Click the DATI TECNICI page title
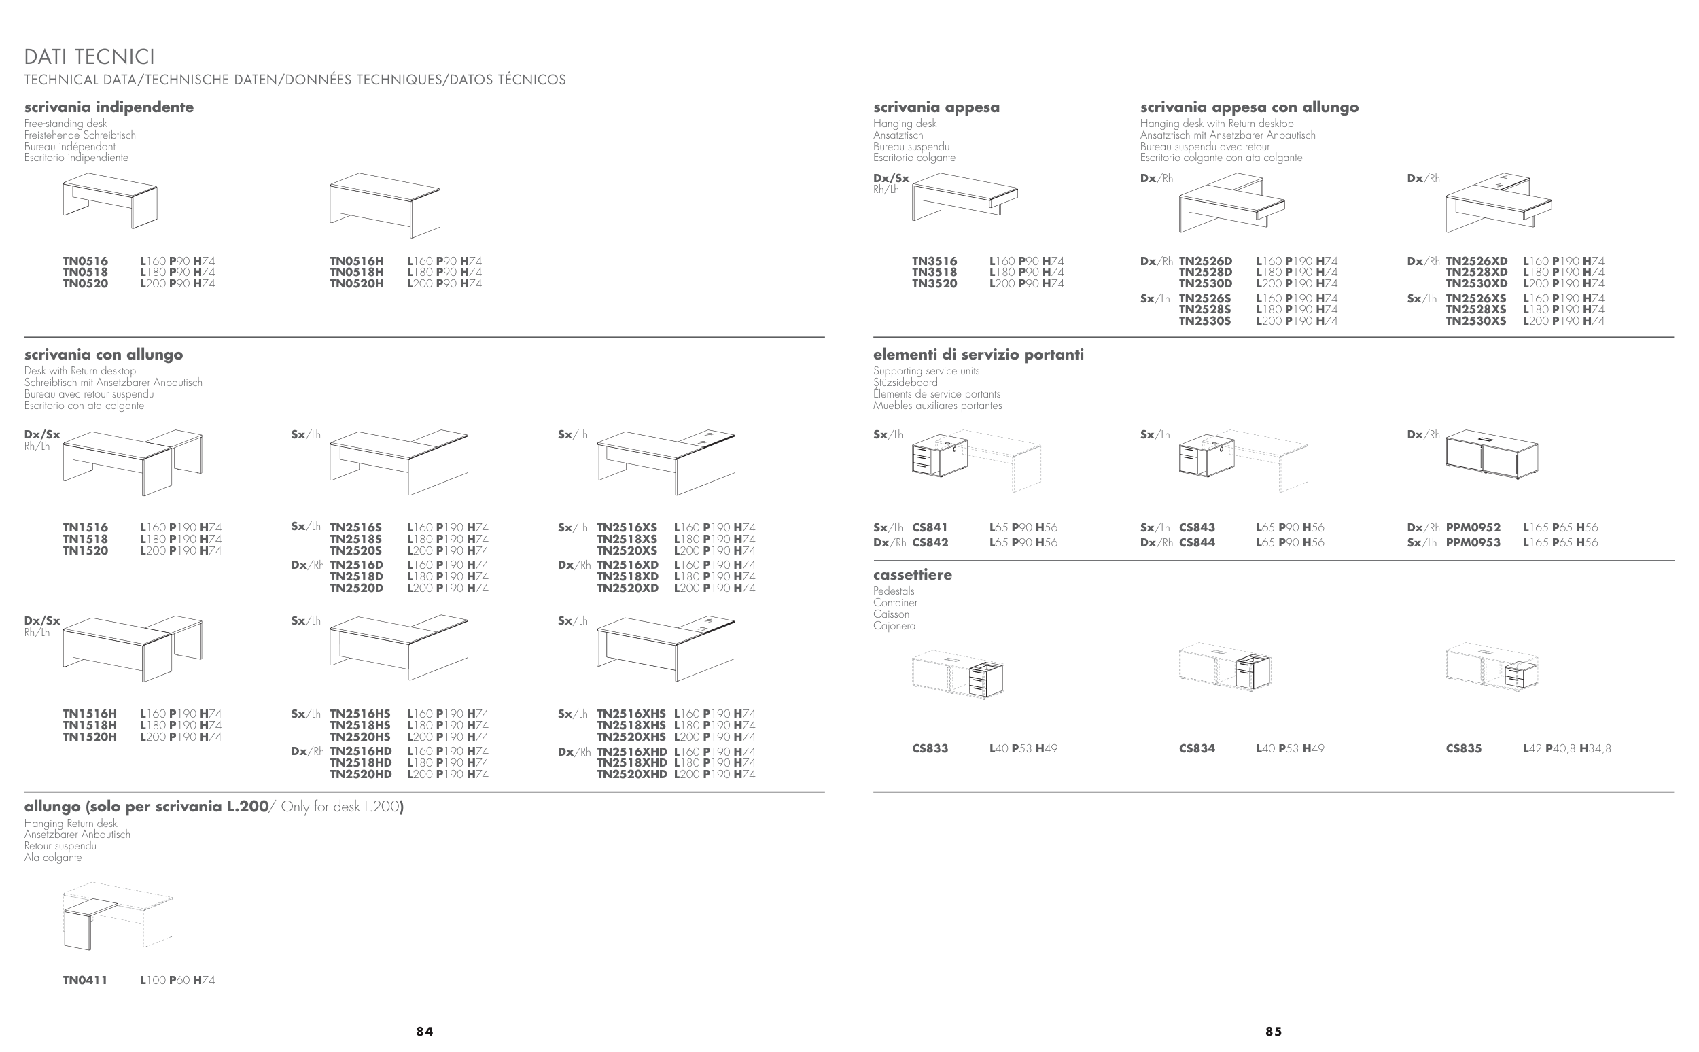pyautogui.click(x=90, y=56)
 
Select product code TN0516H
pyautogui.click(x=357, y=262)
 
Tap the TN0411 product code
pyautogui.click(x=86, y=981)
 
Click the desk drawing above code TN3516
pyautogui.click(x=965, y=197)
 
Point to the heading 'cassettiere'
pyautogui.click(x=913, y=575)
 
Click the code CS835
pyautogui.click(x=1464, y=749)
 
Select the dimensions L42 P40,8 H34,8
pyautogui.click(x=1566, y=749)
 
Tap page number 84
pyautogui.click(x=424, y=1032)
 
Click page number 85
pyautogui.click(x=1273, y=1032)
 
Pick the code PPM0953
pyautogui.click(x=1473, y=543)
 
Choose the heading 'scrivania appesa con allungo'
pyautogui.click(x=1250, y=107)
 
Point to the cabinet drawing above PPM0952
pyautogui.click(x=1492, y=455)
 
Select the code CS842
pyautogui.click(x=930, y=543)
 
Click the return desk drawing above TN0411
pyautogui.click(x=118, y=916)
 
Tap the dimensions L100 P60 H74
pyautogui.click(x=177, y=981)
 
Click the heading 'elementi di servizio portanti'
pyautogui.click(x=978, y=355)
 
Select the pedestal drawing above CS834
pyautogui.click(x=1225, y=667)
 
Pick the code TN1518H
pyautogui.click(x=90, y=726)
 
